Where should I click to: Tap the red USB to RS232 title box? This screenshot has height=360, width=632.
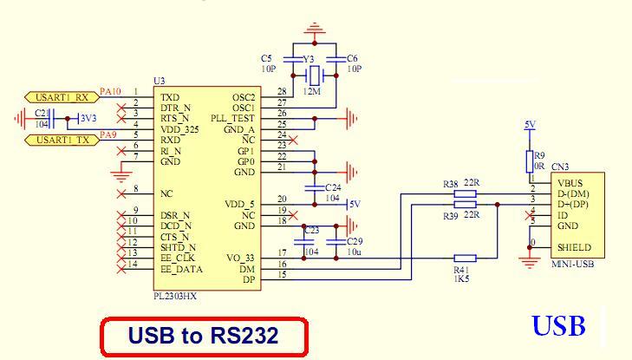click(204, 335)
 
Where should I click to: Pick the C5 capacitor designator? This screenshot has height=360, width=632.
click(266, 57)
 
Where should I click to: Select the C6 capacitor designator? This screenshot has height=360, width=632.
click(352, 57)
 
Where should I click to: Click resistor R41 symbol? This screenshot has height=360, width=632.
click(466, 258)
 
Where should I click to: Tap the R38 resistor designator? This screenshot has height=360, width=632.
click(450, 184)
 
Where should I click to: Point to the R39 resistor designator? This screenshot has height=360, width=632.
click(450, 215)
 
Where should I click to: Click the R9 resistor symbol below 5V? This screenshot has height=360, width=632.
click(528, 160)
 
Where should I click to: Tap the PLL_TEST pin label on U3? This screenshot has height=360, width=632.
click(232, 117)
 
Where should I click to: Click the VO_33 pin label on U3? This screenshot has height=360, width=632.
click(241, 257)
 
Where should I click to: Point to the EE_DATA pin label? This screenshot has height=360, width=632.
click(181, 269)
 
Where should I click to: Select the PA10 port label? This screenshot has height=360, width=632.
click(110, 90)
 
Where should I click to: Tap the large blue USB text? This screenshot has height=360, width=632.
click(559, 326)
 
